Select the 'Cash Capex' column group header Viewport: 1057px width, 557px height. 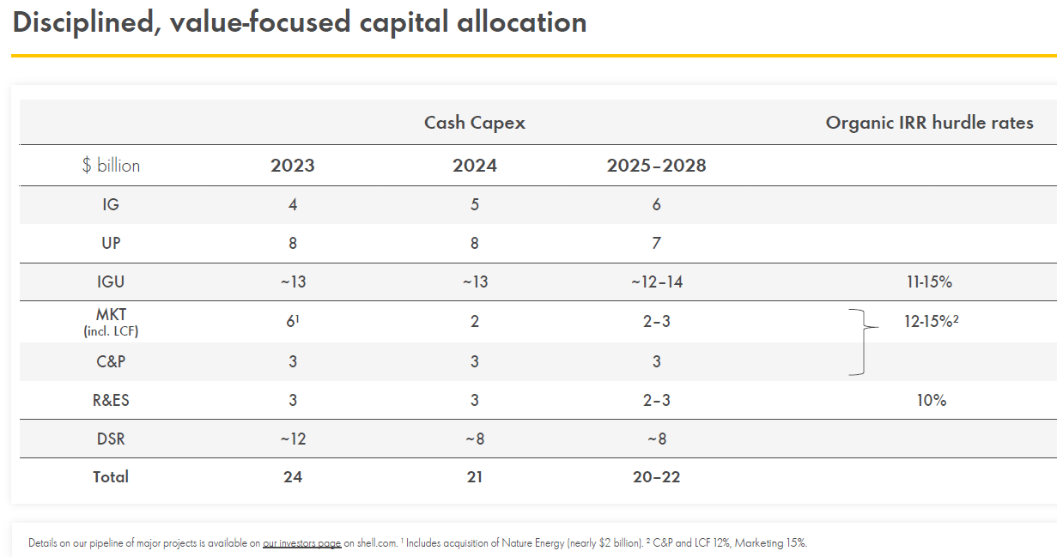point(474,123)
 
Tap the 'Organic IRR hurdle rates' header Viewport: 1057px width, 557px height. point(929,123)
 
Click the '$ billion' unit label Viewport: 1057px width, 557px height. point(111,166)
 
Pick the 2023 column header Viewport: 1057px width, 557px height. point(293,166)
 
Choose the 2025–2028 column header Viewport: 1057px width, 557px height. point(656,166)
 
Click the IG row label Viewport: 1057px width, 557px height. point(111,205)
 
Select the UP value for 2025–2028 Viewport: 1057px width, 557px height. point(656,243)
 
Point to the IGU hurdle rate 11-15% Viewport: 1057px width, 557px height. point(928,282)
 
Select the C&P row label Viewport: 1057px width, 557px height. point(111,361)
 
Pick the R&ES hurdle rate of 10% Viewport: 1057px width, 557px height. point(930,400)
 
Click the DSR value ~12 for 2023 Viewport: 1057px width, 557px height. point(293,439)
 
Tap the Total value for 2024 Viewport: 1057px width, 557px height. point(474,476)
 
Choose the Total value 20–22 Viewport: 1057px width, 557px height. point(656,476)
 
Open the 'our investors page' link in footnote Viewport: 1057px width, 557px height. point(301,543)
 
